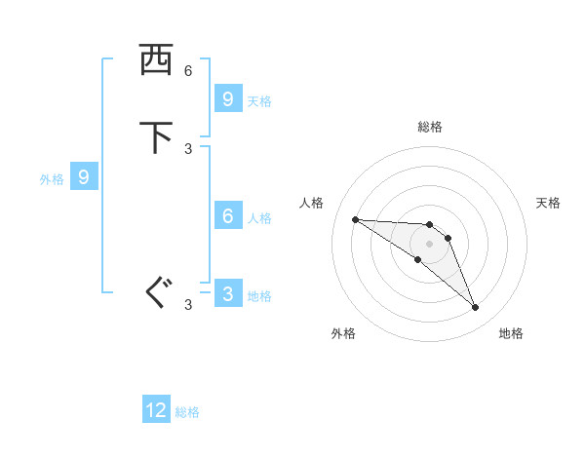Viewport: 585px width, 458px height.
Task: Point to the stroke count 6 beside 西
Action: coord(188,71)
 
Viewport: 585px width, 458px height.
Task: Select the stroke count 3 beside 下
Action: coord(188,148)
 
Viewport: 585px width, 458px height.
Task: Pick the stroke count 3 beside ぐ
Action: coord(188,305)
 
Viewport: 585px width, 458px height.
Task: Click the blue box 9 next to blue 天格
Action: coord(227,98)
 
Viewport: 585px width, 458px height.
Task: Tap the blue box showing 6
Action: coord(227,216)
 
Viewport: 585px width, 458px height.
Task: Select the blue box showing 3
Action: coord(227,294)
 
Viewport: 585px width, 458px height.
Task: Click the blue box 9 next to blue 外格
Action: coord(84,177)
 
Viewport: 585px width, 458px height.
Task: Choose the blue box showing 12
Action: coord(156,410)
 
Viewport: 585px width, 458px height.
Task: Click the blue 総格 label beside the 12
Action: coord(187,412)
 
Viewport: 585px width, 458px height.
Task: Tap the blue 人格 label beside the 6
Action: coord(259,217)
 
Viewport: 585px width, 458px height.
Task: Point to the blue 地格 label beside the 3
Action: coord(259,296)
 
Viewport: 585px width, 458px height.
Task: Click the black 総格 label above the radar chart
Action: coord(430,127)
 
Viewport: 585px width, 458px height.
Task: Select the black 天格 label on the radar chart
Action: coord(549,203)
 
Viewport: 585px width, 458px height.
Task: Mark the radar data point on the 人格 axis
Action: coord(355,219)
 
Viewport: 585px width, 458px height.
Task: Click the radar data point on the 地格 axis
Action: coord(475,308)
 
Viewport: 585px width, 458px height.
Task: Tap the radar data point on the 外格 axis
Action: coord(417,259)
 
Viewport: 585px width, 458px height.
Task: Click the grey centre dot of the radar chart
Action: coord(429,244)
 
